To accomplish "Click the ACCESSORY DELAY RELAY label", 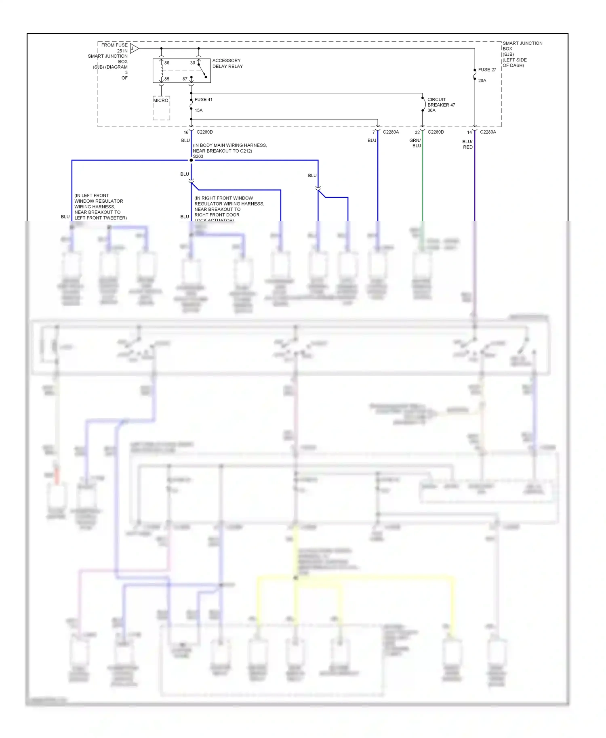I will [227, 63].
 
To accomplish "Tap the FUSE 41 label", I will [204, 99].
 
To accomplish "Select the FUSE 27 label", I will [487, 69].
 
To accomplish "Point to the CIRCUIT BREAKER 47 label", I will [441, 102].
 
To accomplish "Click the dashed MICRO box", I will [161, 108].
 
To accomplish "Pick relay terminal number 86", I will [167, 63].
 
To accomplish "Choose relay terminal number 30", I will [193, 63].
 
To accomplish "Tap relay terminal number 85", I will [167, 79].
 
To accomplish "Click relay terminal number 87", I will [185, 79].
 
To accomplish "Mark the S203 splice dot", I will [191, 160].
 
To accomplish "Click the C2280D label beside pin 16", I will [205, 132].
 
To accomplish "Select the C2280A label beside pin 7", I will [391, 132].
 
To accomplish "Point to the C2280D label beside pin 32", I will [436, 132].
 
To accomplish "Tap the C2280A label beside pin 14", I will [488, 132].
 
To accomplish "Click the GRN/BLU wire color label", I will [415, 143].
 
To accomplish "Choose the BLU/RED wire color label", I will [467, 145].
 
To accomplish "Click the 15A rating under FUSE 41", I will [199, 110].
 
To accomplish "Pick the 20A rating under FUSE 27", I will [482, 80].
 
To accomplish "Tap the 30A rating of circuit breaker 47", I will [431, 110].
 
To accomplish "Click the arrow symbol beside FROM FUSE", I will [134, 49].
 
